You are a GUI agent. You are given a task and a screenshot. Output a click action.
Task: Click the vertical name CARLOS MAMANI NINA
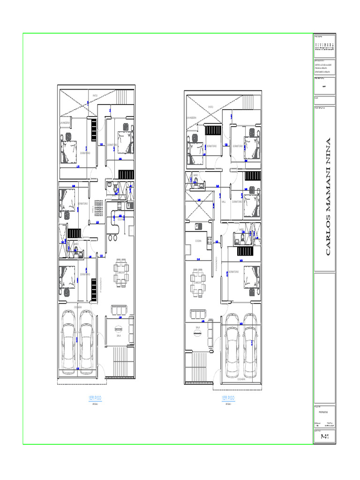tap(328, 196)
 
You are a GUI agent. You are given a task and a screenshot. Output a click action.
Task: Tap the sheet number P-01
tap(324, 436)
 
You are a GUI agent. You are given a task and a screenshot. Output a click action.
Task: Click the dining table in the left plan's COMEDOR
tap(121, 272)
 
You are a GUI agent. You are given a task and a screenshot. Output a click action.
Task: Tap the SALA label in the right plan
tap(198, 327)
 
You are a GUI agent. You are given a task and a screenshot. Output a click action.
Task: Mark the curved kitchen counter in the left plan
tap(114, 224)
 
